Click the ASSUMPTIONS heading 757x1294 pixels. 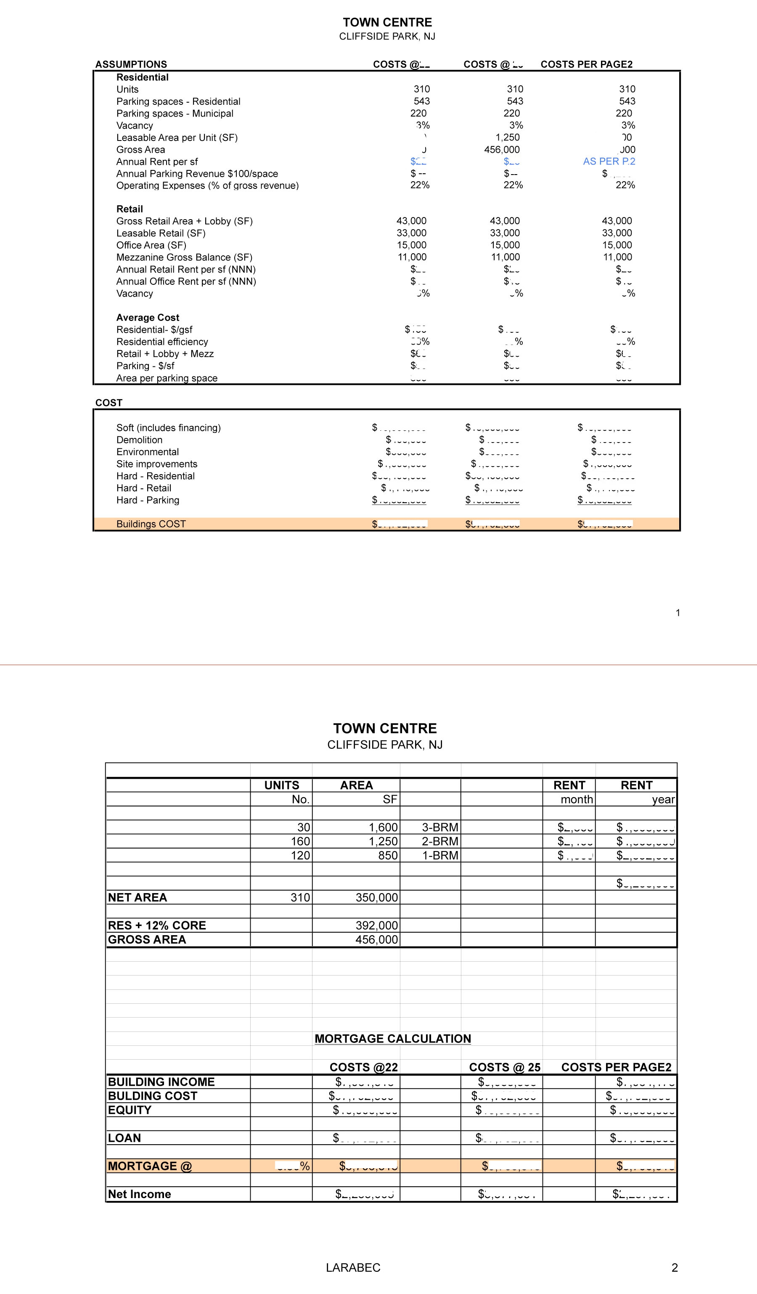131,64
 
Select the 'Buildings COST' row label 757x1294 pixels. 151,524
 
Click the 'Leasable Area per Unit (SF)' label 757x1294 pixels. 177,138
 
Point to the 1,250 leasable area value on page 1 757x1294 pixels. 507,138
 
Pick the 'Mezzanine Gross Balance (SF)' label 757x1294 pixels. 184,257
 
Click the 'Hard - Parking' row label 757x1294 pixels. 148,500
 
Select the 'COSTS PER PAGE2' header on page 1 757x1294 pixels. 586,64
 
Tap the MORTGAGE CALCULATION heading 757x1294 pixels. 393,1039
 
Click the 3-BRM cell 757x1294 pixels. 440,827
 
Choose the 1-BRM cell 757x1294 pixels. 440,856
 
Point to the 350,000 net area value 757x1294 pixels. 377,898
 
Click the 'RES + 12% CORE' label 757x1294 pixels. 156,925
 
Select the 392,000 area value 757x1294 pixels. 377,926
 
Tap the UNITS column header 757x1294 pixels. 281,785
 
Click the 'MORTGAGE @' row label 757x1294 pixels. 149,1166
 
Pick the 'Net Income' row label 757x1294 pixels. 139,1194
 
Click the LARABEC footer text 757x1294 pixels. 353,1268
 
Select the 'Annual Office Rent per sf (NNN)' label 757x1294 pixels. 186,281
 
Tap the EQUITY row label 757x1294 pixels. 130,1110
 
